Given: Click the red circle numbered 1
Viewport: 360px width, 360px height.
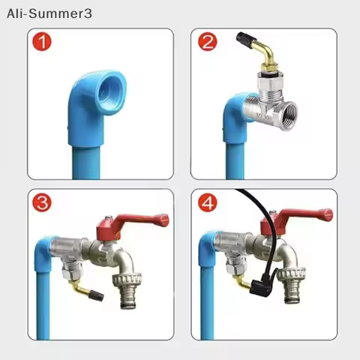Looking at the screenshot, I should coord(43,42).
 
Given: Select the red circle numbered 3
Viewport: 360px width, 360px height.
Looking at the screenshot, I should coord(43,203).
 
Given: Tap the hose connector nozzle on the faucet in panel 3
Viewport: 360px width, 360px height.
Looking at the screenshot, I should coord(126,288).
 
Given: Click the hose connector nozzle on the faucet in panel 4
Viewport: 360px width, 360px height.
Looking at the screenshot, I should coord(290,286).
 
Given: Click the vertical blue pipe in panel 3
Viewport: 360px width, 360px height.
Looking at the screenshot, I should coord(43,300).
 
